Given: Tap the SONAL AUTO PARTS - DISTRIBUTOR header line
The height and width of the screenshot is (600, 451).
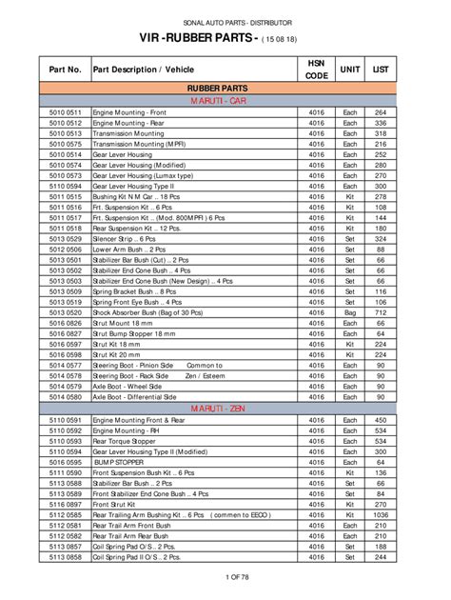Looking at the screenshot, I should (225, 21).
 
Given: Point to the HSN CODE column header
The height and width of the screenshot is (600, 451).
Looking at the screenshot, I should (317, 70).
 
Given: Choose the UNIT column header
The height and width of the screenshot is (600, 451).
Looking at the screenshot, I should (350, 70).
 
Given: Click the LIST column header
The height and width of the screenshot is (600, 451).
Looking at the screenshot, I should (381, 70).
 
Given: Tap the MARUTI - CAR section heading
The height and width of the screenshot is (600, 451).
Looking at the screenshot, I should (218, 99).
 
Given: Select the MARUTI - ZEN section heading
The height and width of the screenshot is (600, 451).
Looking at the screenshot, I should (218, 408).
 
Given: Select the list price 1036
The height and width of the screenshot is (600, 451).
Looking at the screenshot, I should (381, 514).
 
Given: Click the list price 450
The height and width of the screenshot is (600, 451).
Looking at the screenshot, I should (381, 420).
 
